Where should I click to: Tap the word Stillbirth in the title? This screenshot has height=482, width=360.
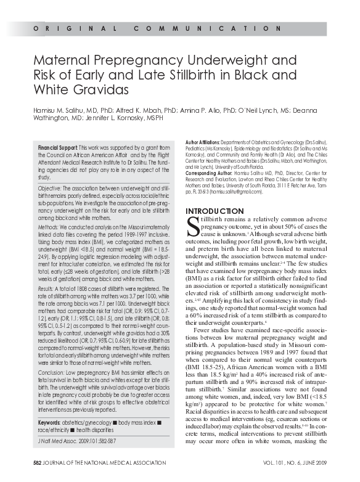coord(183,76)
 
